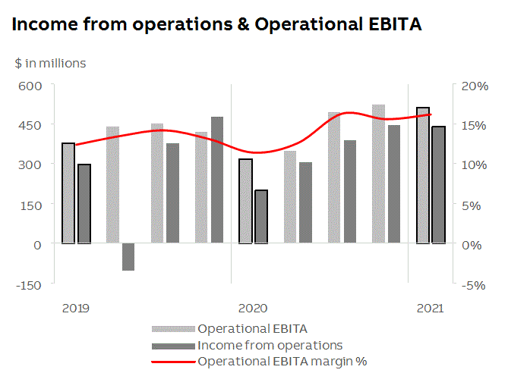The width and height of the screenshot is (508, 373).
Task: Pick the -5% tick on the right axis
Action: pyautogui.click(x=474, y=284)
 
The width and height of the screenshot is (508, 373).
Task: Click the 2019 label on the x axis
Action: pyautogui.click(x=76, y=308)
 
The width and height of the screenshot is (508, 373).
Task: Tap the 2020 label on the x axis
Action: pyautogui.click(x=253, y=308)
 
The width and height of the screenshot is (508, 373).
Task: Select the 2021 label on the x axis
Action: pyautogui.click(x=430, y=308)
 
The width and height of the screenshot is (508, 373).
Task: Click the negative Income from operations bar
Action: pyautogui.click(x=128, y=257)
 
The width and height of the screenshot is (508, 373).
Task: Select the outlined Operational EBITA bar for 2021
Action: pyautogui.click(x=423, y=176)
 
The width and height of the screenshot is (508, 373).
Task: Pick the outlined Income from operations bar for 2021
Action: pyautogui.click(x=439, y=185)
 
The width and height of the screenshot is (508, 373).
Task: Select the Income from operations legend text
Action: pyautogui.click(x=270, y=345)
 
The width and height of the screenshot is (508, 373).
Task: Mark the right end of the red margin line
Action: pyautogui.click(x=431, y=114)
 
